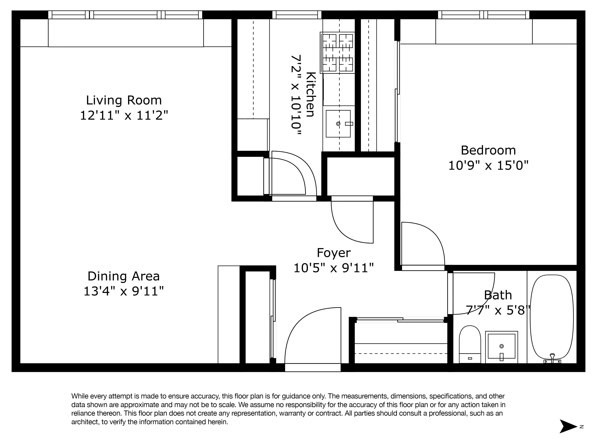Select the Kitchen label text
pos(311,94)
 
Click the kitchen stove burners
pos(337,53)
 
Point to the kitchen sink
pos(338,124)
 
